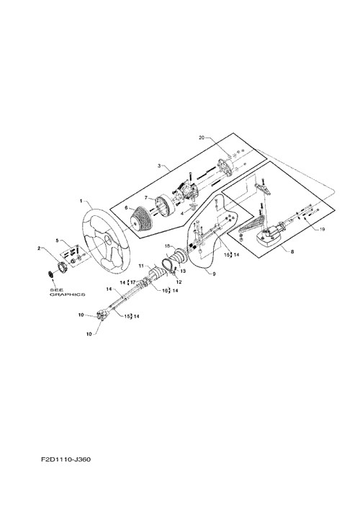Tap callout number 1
81,202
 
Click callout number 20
202,138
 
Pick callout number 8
292,251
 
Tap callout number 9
214,274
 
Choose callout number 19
322,229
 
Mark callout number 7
146,198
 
